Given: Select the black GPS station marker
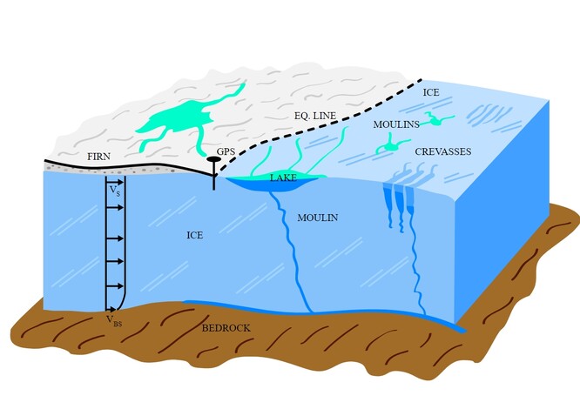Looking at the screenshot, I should coord(213,161).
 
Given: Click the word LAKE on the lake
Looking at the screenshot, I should coord(282,178).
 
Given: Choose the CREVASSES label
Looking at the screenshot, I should coord(442,151).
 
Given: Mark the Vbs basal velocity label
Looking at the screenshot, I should coord(114,319).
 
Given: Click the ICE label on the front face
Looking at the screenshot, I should coord(194,235).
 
